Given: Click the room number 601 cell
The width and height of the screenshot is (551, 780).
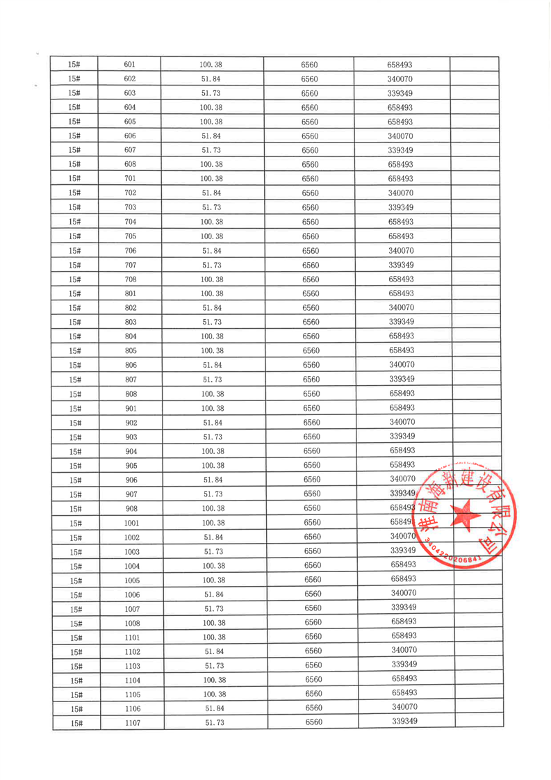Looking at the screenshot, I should (129, 65).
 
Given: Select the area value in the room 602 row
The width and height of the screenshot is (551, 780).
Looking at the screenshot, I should (211, 79).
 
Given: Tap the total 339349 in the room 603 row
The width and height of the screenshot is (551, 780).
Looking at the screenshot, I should (401, 93).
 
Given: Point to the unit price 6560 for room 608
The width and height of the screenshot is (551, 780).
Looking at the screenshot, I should (310, 165).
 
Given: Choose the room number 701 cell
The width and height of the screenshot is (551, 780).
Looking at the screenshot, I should (130, 179).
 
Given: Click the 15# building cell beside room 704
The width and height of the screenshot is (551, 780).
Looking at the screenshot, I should (75, 222).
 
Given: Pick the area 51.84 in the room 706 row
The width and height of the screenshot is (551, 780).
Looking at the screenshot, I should (211, 250).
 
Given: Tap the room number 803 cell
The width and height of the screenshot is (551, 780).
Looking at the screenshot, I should (131, 322).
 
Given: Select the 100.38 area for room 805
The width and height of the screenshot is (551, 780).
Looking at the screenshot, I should (212, 350).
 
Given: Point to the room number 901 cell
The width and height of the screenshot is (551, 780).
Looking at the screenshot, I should (131, 408).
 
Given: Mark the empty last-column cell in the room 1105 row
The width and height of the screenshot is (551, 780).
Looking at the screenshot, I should (479, 693).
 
